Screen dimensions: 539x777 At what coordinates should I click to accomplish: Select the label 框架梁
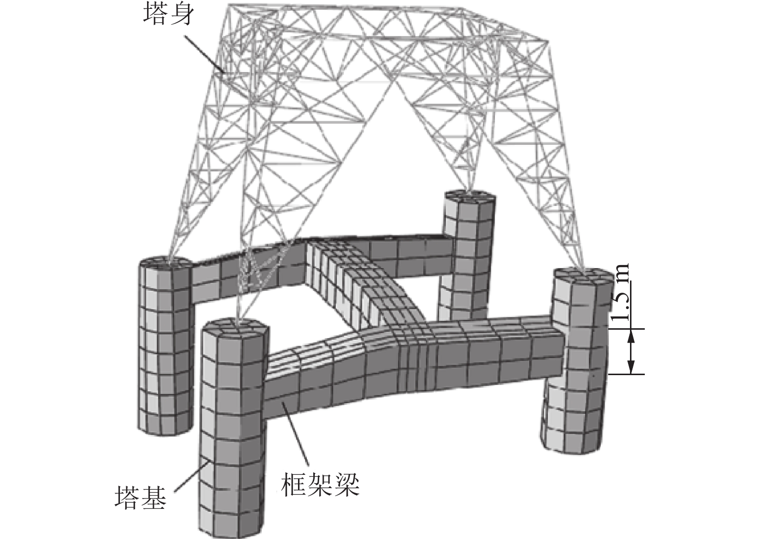320,484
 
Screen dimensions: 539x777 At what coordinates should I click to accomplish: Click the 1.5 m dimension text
622,291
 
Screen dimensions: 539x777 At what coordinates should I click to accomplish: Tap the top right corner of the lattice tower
545,39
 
